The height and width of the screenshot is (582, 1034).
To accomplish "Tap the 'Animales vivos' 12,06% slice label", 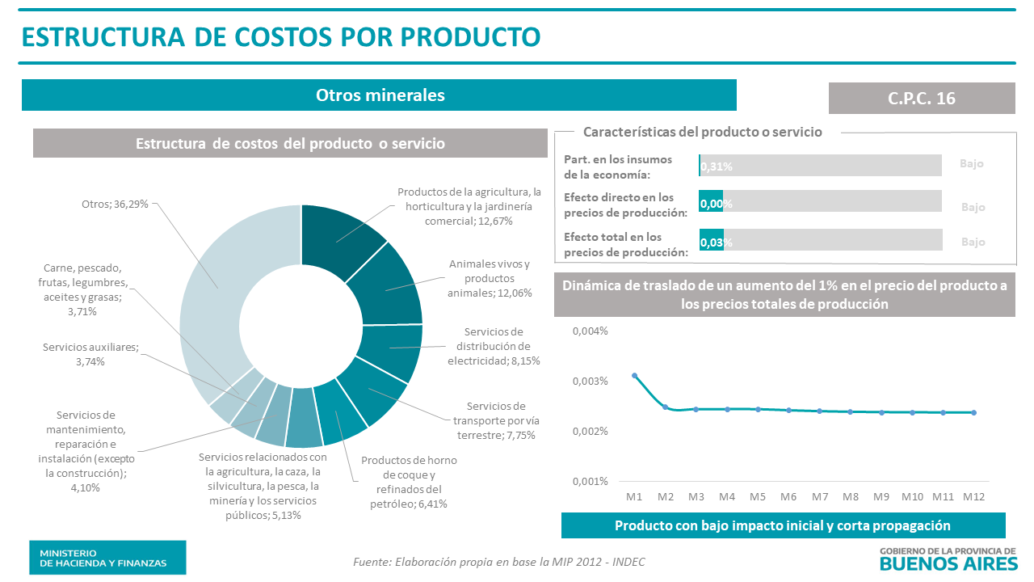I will coord(490,278).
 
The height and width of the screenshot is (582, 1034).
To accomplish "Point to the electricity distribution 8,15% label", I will coord(494,346).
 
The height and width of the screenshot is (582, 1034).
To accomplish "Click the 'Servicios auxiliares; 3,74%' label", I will coord(90,354).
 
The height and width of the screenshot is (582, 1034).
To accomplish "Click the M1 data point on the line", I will coord(634,375).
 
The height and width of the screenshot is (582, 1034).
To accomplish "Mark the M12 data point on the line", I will coord(973,412).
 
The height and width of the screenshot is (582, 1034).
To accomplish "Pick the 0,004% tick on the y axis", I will coord(590,331).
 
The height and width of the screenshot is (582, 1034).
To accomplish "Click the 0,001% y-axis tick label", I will coord(590,481).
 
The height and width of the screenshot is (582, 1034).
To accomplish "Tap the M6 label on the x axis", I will coord(788,496).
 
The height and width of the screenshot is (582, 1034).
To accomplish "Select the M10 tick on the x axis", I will coord(912,496).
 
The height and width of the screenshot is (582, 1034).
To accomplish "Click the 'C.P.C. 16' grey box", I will coord(921,98).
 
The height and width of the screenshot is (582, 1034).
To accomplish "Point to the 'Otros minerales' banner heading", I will coord(380,95).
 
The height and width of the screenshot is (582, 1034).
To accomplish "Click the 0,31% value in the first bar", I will coord(717,167).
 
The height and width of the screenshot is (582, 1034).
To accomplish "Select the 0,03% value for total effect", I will coord(717,242).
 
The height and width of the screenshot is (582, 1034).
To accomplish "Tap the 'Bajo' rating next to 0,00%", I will coord(973,207).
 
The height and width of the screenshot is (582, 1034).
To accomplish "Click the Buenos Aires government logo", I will coord(947,557).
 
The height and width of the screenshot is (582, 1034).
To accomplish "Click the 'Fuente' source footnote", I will coord(499,562).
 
